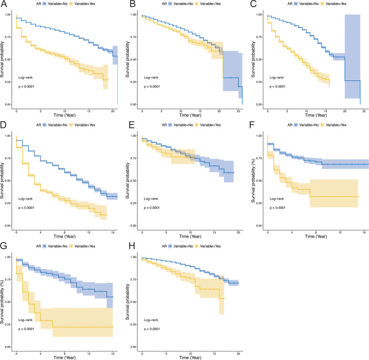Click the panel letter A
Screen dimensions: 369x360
point(4,4)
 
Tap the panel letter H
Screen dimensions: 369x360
point(132,246)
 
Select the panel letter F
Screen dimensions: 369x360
point(252,125)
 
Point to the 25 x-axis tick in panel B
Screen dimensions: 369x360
point(239,111)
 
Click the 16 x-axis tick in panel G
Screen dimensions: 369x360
point(113,353)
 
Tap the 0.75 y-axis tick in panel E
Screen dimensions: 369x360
point(133,158)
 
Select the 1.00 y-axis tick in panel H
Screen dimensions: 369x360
point(133,257)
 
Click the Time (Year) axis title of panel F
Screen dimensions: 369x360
point(316,237)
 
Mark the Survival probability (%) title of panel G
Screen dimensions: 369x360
point(2,302)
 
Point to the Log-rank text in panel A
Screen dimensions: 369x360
point(25,77)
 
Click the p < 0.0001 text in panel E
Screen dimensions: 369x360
point(152,208)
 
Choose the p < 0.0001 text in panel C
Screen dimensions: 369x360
point(278,86)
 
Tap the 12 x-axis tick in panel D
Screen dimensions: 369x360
point(89,232)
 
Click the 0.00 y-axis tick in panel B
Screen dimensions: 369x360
point(133,104)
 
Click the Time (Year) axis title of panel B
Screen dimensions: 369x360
point(190,115)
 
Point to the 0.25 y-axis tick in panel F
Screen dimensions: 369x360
point(259,203)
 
